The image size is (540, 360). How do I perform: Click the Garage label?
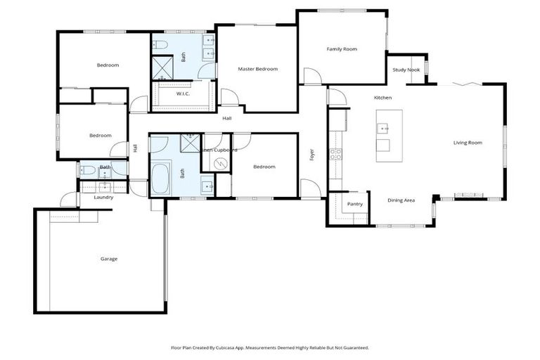point(108,259)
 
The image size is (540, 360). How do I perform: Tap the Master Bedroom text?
point(257,69)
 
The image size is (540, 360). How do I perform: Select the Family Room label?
point(342,49)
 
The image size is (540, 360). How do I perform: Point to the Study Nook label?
point(406,70)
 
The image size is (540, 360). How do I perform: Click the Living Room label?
point(468,143)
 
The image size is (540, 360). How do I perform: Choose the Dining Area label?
point(401,200)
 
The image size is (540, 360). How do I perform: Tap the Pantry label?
point(355,204)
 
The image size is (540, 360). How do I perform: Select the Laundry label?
point(103,197)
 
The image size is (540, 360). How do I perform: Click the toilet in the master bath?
point(160,45)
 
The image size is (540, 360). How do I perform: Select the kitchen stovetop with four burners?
point(335,154)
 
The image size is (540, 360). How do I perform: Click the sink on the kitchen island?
point(383,128)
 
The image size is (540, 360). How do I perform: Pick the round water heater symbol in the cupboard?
point(221,164)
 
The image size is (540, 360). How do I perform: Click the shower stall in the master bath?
point(164,67)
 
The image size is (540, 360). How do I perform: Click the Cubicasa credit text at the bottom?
point(269,347)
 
